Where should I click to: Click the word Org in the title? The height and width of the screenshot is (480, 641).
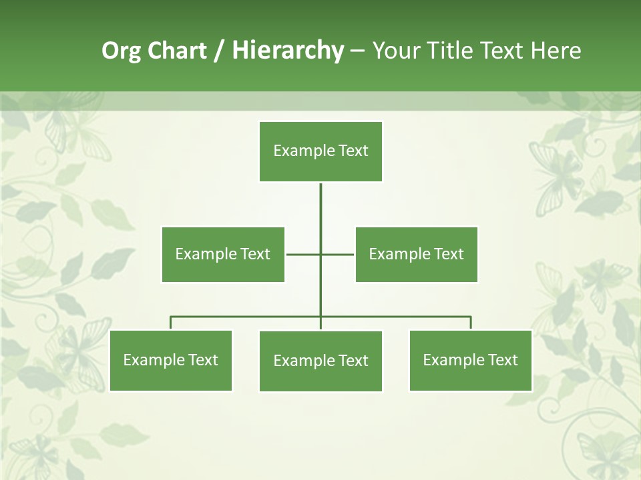point(121,51)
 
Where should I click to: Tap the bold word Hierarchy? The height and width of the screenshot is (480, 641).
point(287,51)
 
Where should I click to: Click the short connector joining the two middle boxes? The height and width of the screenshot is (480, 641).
point(304,254)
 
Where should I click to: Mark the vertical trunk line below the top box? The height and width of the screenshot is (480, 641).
point(320,213)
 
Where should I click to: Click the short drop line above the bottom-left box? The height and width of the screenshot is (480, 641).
point(171,323)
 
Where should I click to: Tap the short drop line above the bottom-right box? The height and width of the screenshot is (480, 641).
point(471,323)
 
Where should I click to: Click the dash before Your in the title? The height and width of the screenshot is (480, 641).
point(357,51)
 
